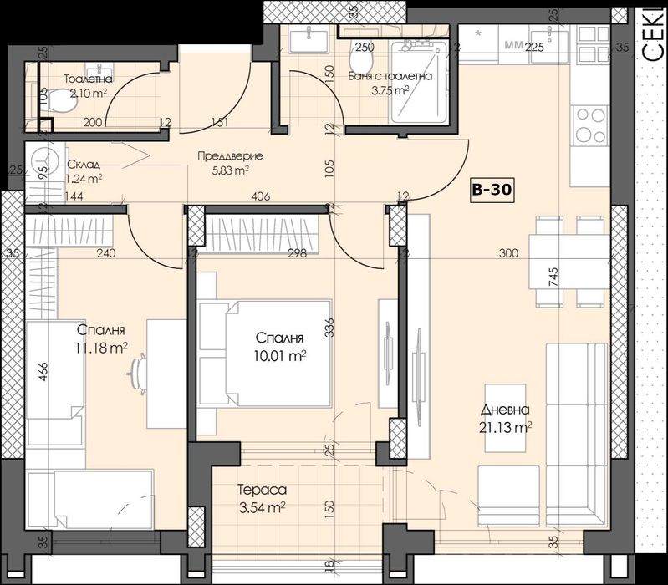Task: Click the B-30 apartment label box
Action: click(x=492, y=191)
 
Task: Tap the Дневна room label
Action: click(x=504, y=409)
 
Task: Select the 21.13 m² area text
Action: click(x=507, y=428)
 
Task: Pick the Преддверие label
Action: click(x=231, y=156)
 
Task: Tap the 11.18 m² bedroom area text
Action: click(x=101, y=347)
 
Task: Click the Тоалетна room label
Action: click(x=89, y=80)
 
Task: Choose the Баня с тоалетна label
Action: click(x=390, y=76)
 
